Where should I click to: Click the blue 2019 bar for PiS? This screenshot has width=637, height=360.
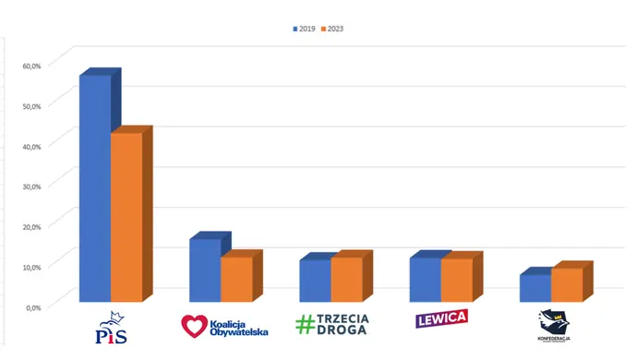pos(95,189)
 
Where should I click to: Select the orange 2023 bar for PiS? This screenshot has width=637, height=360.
pos(126,218)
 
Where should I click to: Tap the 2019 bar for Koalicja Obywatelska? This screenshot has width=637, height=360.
pos(205,270)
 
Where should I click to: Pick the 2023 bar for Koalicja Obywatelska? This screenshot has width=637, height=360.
pos(236,279)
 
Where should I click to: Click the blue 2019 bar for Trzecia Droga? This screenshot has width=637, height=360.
pos(315,281)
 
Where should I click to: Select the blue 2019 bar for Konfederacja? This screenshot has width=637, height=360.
pos(535,288)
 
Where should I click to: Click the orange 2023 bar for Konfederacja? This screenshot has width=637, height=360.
pos(567,284)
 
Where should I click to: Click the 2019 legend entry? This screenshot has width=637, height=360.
pos(305,29)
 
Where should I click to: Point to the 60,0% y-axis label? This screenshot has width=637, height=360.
pos(31,65)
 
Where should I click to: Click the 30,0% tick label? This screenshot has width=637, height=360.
pos(31,186)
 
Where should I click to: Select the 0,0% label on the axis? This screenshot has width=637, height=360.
pos(33,306)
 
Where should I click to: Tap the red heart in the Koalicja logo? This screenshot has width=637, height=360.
pos(194,326)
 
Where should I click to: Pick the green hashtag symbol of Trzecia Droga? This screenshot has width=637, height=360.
pos(306,324)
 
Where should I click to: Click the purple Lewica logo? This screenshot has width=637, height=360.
pos(441,319)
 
